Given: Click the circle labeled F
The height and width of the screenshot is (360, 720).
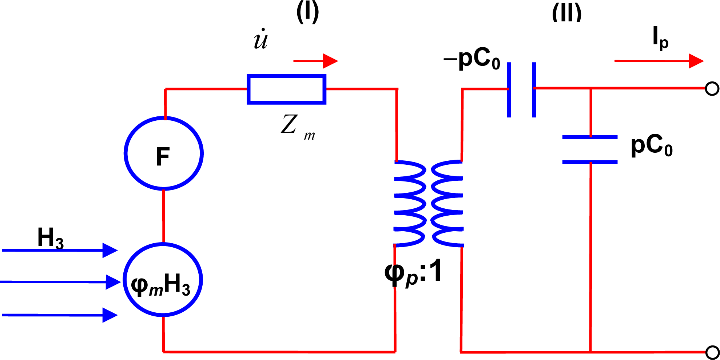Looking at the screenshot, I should (163, 153).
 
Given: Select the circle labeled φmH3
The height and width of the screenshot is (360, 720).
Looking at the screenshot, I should (162, 280).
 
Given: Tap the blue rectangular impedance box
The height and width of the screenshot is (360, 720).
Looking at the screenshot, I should (286, 89).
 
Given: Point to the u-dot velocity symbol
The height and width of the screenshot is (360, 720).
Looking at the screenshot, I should (260, 39).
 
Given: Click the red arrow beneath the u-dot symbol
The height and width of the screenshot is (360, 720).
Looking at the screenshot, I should (315, 61).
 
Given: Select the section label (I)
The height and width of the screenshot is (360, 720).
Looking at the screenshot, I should (307, 12).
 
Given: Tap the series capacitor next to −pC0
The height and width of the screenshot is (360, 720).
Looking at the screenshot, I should (521, 89).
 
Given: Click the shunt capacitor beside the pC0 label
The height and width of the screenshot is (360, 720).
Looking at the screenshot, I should (590, 149).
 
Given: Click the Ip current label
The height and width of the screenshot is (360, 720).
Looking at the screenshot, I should (660, 37).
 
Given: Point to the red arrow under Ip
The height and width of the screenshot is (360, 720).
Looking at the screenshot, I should (659, 61).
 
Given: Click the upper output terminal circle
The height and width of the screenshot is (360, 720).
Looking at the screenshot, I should (712, 89).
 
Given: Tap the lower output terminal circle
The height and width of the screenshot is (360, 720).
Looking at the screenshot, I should (712, 352).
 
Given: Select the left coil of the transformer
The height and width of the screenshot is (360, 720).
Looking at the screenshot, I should (410, 204).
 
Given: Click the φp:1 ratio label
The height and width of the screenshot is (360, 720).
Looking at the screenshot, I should (413, 273).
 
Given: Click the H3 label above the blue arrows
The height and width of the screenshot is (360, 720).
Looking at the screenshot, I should (50, 238).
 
